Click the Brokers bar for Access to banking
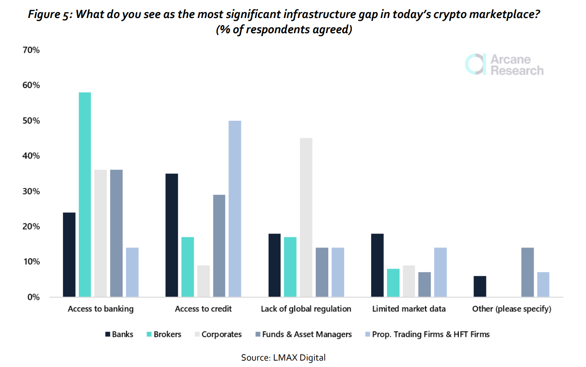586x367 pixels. pos(85,195)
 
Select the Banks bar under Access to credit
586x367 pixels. pos(172,235)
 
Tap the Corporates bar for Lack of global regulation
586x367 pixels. pos(306,217)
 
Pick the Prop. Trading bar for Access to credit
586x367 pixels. pos(235,209)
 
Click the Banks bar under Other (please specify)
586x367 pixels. pos(480,286)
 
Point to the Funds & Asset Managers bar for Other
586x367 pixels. pos(528,272)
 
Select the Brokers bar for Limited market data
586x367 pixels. pos(393,283)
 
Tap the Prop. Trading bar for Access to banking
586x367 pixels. pos(132,272)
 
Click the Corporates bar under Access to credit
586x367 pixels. pos(203,281)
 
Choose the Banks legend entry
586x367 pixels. pos(119,334)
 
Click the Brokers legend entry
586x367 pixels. pos(164,334)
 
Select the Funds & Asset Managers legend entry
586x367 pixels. pos(304,334)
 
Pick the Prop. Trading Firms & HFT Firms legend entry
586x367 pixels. pos(427,334)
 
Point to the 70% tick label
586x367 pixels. pos(31,50)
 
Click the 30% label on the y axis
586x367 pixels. pos(31,191)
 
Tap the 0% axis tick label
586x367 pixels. pos(34,297)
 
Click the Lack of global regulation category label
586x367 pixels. pos(306,309)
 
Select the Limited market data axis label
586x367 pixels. pos(409,309)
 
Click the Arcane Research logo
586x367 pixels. pos(504,64)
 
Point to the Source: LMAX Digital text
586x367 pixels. pos(283,357)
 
